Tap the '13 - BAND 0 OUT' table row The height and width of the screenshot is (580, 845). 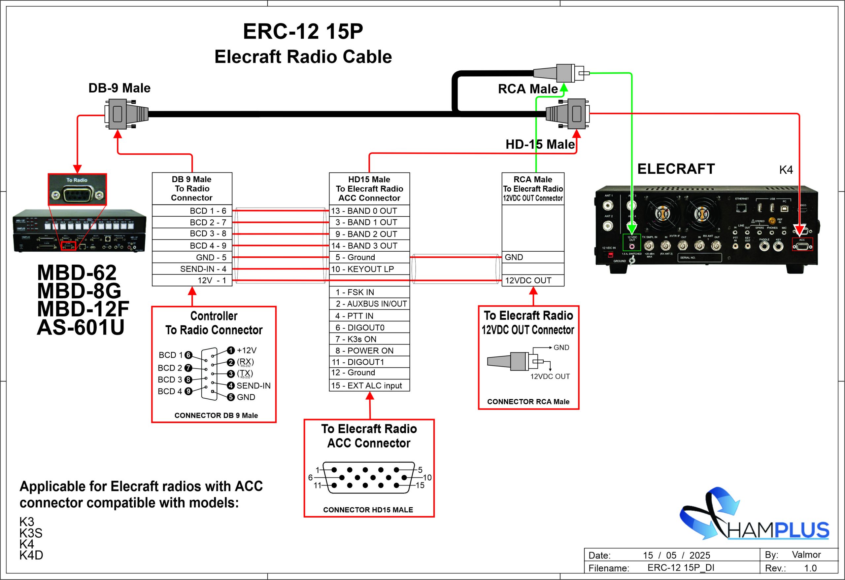click(x=369, y=211)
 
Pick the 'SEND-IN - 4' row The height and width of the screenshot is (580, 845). click(x=192, y=269)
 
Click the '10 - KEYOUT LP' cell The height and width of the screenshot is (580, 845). click(x=369, y=269)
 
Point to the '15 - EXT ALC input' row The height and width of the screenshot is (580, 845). click(x=369, y=386)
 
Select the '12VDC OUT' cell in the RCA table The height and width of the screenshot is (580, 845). click(x=532, y=280)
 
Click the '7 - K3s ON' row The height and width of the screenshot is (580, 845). click(x=369, y=339)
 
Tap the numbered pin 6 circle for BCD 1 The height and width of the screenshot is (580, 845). click(x=188, y=355)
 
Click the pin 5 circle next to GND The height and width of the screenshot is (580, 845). click(x=230, y=397)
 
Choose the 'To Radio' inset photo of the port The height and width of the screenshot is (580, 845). click(x=77, y=190)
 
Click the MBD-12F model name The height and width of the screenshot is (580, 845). click(x=83, y=309)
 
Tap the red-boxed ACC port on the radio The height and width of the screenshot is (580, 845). click(x=802, y=244)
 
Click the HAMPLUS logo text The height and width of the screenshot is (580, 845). click(x=778, y=530)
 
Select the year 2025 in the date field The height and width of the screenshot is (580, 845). click(x=699, y=555)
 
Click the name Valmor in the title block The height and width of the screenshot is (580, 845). click(x=806, y=555)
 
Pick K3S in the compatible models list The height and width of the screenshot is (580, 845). click(x=31, y=533)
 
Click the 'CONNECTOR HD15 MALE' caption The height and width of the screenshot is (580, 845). click(x=368, y=510)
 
